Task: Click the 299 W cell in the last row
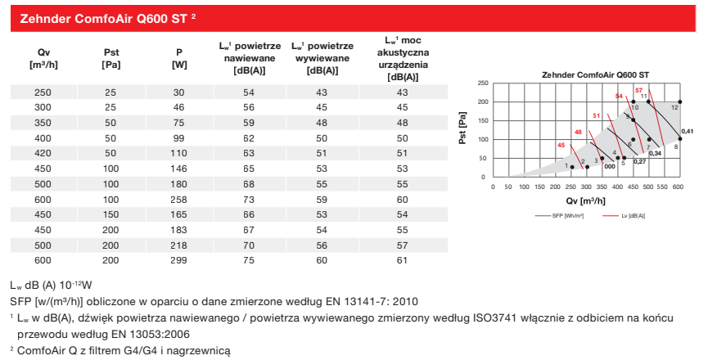[x=179, y=260]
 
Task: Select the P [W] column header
[x=179, y=56]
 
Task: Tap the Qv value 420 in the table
[x=42, y=152]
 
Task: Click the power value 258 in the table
[x=179, y=199]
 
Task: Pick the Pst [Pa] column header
[x=110, y=56]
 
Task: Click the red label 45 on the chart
[x=561, y=145]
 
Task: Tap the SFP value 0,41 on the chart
[x=688, y=131]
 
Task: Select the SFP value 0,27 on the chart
[x=640, y=161]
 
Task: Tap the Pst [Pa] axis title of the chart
[x=464, y=129]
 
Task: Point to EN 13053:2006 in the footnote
[x=135, y=334]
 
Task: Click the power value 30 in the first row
[x=179, y=92]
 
